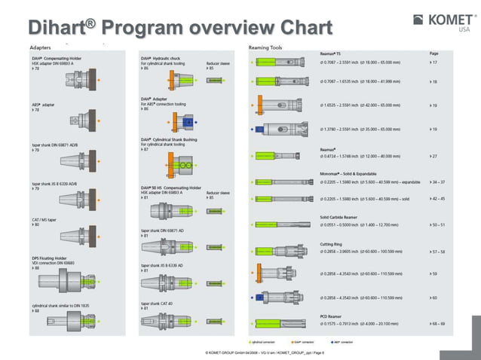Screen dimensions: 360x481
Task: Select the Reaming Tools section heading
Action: coord(265,47)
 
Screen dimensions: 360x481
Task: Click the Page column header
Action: coord(434,53)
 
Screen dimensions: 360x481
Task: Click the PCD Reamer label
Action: coord(330,316)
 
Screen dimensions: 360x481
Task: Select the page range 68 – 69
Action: coord(437,323)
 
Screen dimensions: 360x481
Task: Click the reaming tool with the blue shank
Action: coord(279,129)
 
